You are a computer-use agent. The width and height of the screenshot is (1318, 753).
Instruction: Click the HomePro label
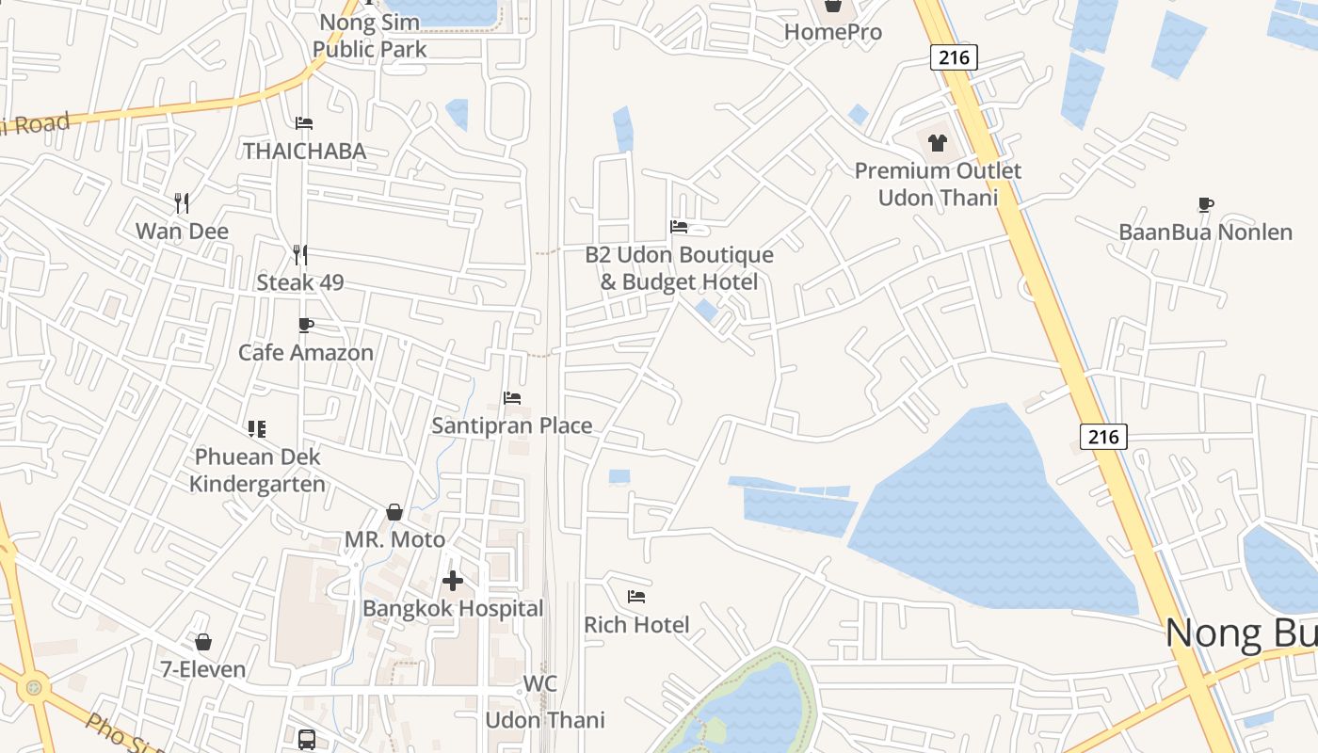(x=833, y=32)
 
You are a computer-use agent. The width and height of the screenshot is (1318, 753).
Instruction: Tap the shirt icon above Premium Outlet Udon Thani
(x=938, y=143)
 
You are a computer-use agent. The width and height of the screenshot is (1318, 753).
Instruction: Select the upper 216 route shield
(x=954, y=57)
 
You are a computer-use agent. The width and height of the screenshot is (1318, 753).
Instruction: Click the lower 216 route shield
(x=1102, y=436)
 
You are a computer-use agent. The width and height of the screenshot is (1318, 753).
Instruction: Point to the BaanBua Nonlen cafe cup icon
(x=1205, y=204)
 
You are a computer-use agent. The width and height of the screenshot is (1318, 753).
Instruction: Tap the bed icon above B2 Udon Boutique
(x=679, y=226)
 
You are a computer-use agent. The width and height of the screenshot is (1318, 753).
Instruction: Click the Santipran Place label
(x=512, y=425)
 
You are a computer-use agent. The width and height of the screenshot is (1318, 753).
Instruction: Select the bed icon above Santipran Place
(x=512, y=398)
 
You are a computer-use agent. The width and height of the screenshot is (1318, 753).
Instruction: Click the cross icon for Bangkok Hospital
(x=453, y=581)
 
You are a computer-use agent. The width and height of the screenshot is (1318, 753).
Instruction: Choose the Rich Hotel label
(x=636, y=624)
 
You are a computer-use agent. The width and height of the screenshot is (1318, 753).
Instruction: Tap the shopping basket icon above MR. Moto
(x=394, y=512)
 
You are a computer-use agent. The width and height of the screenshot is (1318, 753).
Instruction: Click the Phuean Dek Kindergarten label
(x=257, y=471)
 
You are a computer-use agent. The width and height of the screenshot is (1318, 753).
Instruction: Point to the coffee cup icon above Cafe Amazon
(x=305, y=325)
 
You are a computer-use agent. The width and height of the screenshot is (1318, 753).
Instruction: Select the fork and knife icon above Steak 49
(x=299, y=254)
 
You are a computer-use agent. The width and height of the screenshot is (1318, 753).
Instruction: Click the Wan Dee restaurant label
(x=182, y=231)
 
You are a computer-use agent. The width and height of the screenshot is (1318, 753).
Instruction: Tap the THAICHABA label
(x=304, y=151)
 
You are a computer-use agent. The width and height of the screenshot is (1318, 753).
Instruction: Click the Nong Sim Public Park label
(x=370, y=35)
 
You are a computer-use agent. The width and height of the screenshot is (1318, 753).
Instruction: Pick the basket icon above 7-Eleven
(x=202, y=642)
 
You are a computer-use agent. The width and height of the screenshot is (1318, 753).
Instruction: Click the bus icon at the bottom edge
(x=307, y=740)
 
